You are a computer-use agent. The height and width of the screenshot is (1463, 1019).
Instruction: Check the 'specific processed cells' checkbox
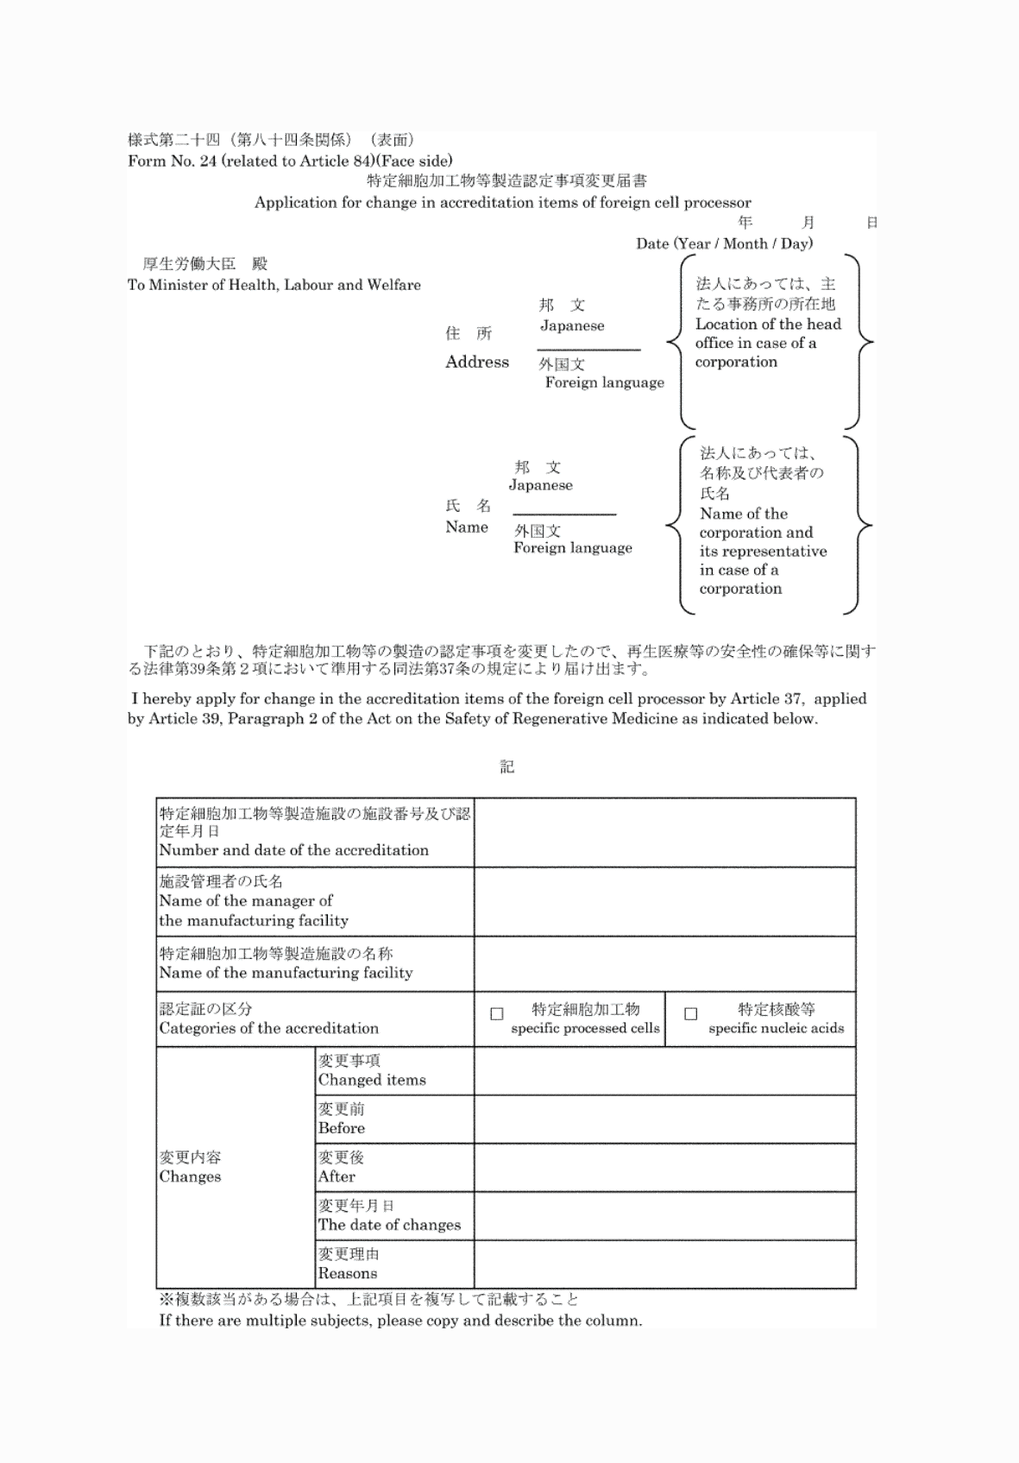coord(497,1014)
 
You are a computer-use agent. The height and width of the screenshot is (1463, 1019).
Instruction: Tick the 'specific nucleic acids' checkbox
coord(690,1014)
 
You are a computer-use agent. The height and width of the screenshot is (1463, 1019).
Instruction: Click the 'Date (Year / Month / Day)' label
coord(724,243)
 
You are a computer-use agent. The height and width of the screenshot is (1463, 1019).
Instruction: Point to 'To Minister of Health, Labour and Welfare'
coord(274,285)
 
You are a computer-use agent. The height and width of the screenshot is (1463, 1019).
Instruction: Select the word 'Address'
coord(477,363)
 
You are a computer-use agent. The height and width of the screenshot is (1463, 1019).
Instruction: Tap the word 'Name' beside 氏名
coord(467,527)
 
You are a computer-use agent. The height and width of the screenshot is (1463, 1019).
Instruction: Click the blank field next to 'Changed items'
coord(664,1071)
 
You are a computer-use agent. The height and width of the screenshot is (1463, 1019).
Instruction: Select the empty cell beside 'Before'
coord(664,1119)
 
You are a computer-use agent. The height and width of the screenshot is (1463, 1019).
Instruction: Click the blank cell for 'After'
coord(664,1168)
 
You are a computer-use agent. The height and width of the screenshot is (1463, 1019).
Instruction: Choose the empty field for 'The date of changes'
coord(664,1216)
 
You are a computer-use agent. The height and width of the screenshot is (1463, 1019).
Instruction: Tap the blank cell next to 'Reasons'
coord(664,1264)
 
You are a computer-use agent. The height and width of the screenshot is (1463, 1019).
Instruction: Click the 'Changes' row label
coord(190,1177)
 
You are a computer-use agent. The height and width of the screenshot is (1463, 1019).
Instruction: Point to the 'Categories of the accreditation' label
coord(268,1029)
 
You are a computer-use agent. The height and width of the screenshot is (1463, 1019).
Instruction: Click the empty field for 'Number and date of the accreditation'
coord(664,833)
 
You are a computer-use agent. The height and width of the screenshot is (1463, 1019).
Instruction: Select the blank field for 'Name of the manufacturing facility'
coord(664,964)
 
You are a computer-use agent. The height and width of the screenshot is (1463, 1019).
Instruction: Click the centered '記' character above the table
coord(507,767)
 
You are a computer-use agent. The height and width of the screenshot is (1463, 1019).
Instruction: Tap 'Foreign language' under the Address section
coord(604,382)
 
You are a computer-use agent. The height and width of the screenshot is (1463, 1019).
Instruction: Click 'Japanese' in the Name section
coord(540,485)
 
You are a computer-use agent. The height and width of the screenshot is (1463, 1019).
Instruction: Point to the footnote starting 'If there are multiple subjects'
coord(400,1321)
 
